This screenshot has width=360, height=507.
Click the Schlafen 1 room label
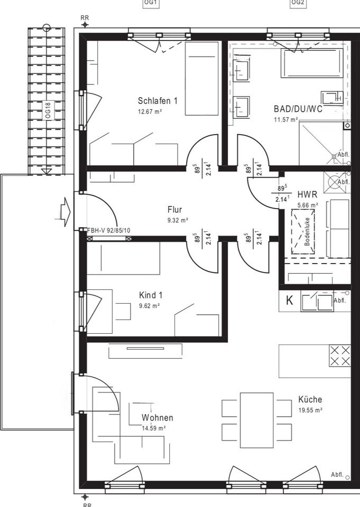pyautogui.click(x=158, y=100)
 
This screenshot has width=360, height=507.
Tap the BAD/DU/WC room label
pyautogui.click(x=298, y=109)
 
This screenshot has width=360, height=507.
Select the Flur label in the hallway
pyautogui.click(x=175, y=210)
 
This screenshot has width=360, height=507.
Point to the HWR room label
pyautogui.click(x=307, y=194)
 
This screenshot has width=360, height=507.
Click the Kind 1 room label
pyautogui.click(x=151, y=295)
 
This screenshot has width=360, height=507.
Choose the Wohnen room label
pyautogui.click(x=157, y=417)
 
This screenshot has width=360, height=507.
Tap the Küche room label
pyautogui.click(x=310, y=399)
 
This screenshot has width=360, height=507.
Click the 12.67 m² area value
pyautogui.click(x=150, y=112)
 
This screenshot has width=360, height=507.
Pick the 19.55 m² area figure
pyautogui.click(x=310, y=410)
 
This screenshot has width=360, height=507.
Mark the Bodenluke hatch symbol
pyautogui.click(x=303, y=231)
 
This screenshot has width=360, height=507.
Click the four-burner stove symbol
pyautogui.click(x=339, y=355)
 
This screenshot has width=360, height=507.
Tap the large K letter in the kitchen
pyautogui.click(x=289, y=301)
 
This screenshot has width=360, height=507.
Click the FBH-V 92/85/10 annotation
pyautogui.click(x=109, y=231)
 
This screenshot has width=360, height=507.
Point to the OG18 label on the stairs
pyautogui.click(x=48, y=110)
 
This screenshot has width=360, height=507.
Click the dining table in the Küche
pyautogui.click(x=257, y=420)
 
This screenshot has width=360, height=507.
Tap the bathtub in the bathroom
pyautogui.click(x=312, y=63)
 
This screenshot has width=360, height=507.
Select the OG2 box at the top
pyautogui.click(x=298, y=3)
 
